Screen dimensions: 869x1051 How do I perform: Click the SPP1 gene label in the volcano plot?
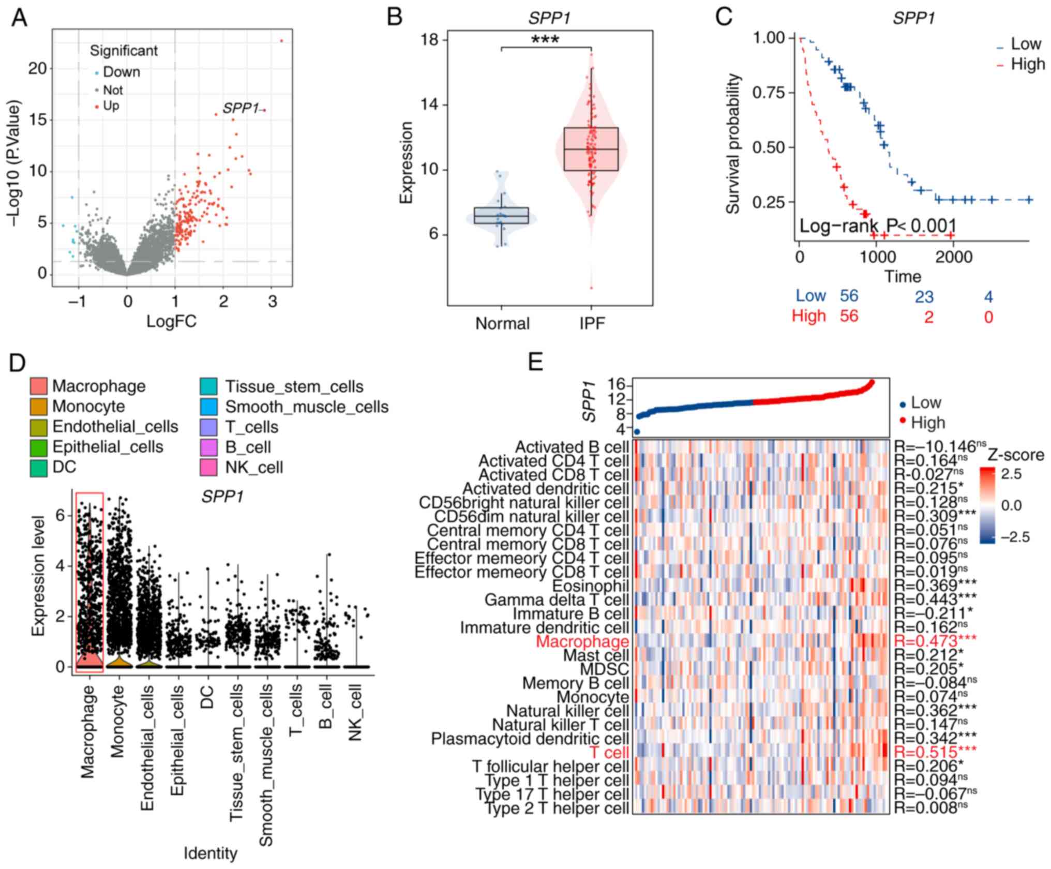[240, 108]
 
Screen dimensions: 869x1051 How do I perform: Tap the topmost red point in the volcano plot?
[282, 40]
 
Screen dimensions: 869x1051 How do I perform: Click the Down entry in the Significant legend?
[121, 72]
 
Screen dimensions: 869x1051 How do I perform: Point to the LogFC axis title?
[171, 321]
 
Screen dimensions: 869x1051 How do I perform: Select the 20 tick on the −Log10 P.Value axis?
[37, 68]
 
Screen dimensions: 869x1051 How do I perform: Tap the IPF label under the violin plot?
[592, 324]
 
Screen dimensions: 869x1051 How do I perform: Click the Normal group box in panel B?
[501, 215]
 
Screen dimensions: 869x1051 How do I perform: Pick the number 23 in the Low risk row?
[924, 297]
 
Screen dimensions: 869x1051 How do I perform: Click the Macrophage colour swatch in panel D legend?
[39, 386]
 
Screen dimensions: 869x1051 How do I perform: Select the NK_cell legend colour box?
[208, 468]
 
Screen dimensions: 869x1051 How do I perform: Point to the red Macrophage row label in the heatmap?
[582, 642]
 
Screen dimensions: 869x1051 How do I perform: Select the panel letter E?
[536, 363]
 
